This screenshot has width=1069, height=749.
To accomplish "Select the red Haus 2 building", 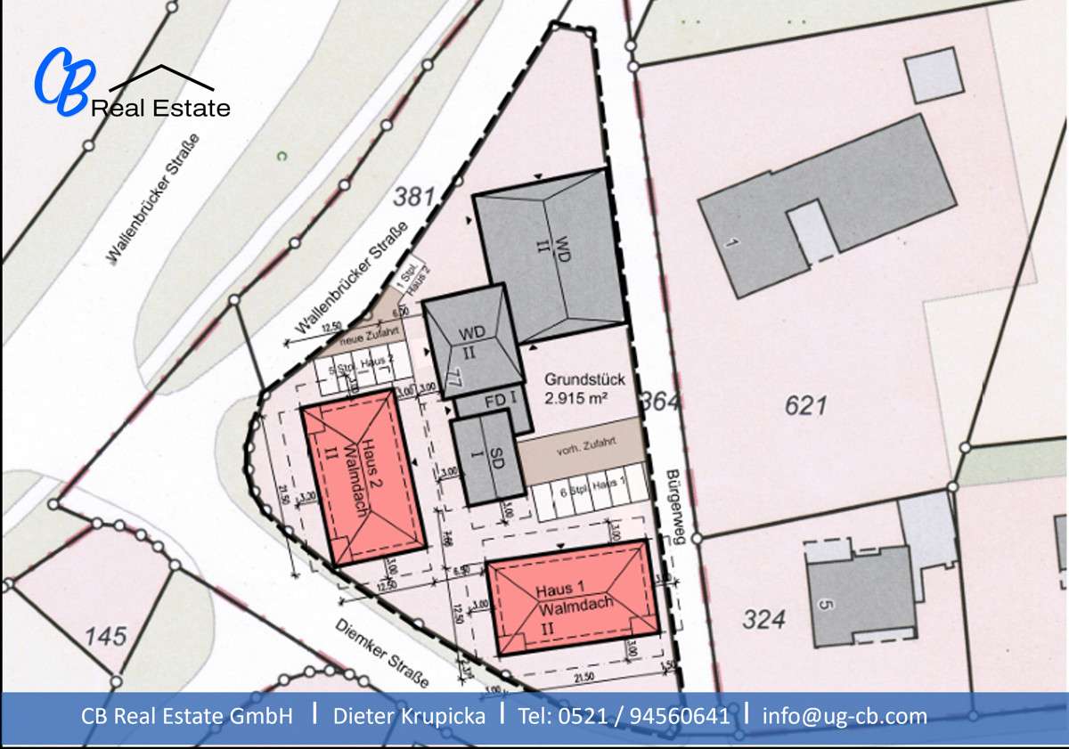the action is [363, 476].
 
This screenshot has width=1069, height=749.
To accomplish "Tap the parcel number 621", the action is [805, 406].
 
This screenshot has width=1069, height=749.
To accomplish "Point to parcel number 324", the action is [764, 619].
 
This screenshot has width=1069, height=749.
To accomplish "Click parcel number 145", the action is [106, 637].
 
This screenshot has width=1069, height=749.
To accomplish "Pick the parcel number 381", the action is [415, 196].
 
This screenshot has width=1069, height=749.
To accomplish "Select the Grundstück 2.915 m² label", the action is [576, 389].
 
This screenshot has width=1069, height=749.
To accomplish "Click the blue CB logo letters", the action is [62, 82].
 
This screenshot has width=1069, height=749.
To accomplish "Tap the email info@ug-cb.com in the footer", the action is [845, 715].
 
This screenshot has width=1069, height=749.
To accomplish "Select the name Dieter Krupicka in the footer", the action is [410, 715].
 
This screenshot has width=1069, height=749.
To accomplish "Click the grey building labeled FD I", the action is [494, 403].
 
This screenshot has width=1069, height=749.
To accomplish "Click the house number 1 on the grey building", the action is [732, 242].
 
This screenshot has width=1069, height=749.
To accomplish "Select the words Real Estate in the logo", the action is [160, 109].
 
